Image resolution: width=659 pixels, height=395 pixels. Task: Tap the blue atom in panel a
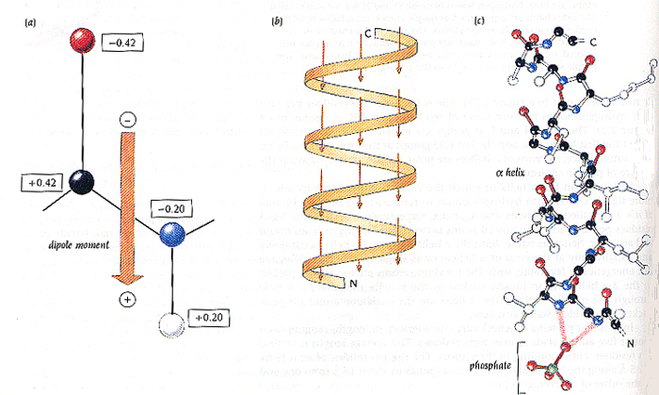pyautogui.click(x=171, y=233)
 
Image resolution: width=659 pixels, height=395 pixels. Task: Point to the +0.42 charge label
pyautogui.click(x=41, y=180)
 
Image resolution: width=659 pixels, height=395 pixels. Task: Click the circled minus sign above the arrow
pyautogui.click(x=128, y=120)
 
